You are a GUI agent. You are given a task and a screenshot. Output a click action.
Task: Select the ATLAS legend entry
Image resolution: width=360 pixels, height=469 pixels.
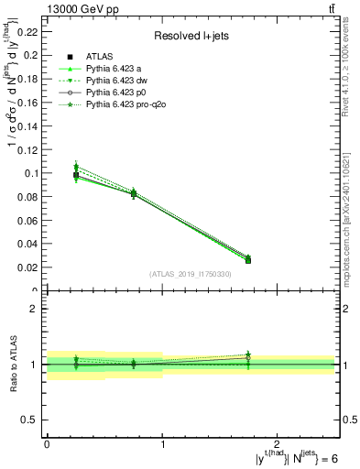pos(102,56)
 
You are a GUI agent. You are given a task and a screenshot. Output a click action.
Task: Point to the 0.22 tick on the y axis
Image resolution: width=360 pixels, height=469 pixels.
pos(30,31)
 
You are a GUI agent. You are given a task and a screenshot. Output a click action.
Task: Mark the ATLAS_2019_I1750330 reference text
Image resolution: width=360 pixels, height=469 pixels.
pos(191,274)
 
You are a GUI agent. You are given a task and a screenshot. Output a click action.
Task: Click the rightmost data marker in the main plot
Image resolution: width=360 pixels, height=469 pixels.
pos(248,259)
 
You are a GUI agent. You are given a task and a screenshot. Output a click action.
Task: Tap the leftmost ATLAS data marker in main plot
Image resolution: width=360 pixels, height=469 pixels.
pos(76,174)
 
